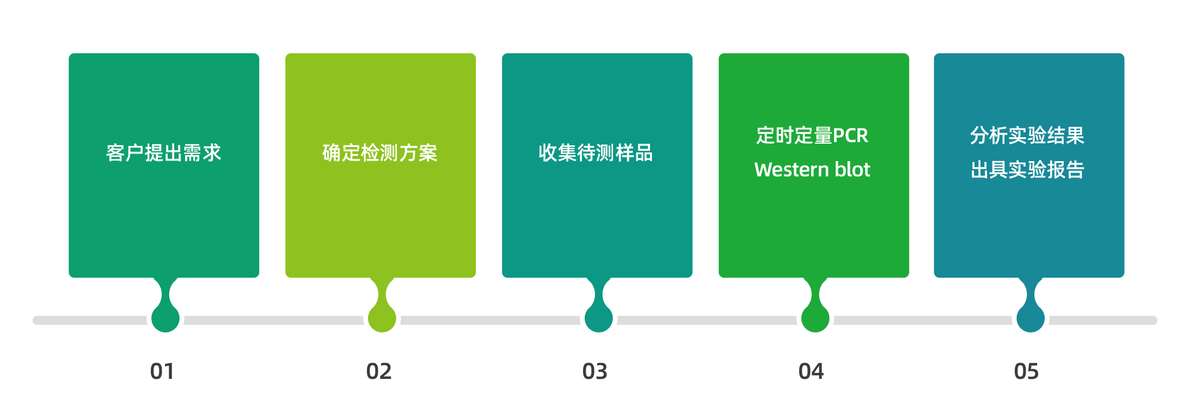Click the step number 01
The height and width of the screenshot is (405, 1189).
click(162, 371)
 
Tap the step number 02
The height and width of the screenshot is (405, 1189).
click(379, 371)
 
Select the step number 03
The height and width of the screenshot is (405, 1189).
click(595, 371)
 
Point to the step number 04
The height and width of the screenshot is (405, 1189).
click(811, 371)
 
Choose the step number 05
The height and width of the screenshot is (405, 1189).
click(1026, 371)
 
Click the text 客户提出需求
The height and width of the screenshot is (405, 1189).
click(164, 153)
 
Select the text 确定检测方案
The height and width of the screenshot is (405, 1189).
click(380, 153)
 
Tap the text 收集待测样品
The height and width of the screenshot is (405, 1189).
click(596, 153)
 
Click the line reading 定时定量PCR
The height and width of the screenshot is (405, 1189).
click(812, 136)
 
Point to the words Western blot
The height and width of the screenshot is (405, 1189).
click(812, 170)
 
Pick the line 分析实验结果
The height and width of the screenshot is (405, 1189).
click(1027, 136)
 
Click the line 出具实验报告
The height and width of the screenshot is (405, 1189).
click(1027, 170)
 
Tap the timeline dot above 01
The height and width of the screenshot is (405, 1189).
click(166, 318)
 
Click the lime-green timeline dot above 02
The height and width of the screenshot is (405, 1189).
click(382, 318)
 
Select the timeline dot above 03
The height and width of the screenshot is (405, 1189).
click(599, 318)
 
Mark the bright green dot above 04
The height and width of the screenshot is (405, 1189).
click(816, 318)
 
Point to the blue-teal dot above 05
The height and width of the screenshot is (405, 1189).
click(1031, 318)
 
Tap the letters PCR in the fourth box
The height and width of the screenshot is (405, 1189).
click(850, 136)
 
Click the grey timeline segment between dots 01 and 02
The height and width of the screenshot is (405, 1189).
click(274, 320)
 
